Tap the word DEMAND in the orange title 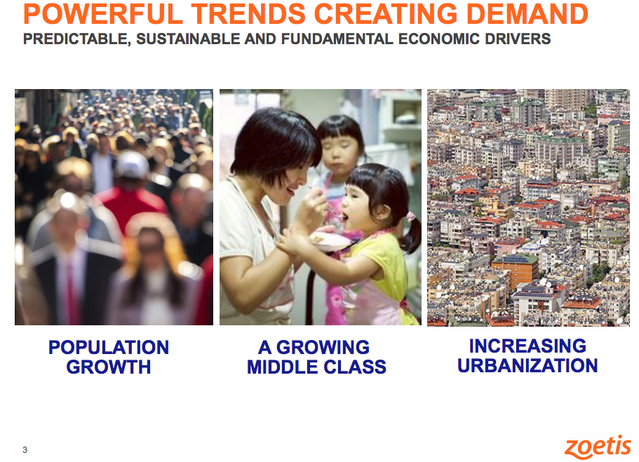click(x=527, y=13)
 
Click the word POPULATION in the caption click(x=109, y=348)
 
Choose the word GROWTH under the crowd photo click(x=109, y=367)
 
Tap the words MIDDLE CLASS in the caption click(x=316, y=367)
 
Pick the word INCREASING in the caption click(x=527, y=346)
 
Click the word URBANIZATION click(x=527, y=365)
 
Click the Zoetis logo click(x=598, y=447)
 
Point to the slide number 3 click(x=25, y=450)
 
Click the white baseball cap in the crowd click(x=132, y=165)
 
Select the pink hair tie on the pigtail click(x=410, y=216)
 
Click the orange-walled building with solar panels click(x=514, y=269)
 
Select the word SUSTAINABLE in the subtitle click(x=187, y=39)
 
